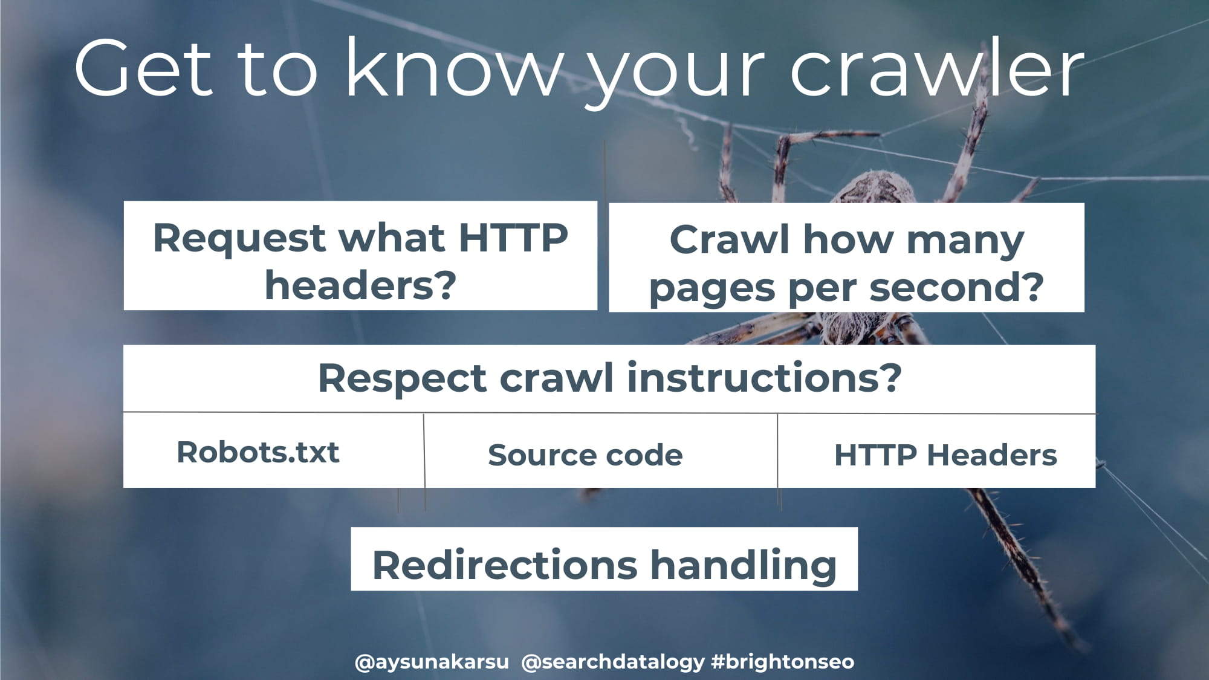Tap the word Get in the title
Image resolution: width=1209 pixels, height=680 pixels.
(x=144, y=68)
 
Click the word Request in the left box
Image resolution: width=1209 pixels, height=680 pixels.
(x=240, y=238)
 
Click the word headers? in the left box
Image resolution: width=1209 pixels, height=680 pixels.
(x=360, y=285)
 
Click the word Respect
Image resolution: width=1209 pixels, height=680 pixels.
(x=402, y=380)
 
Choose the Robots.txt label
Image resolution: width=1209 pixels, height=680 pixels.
(x=258, y=452)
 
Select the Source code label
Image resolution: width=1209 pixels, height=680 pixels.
(x=585, y=455)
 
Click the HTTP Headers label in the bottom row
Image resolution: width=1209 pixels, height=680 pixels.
(x=945, y=455)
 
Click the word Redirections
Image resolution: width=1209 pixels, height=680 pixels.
(x=505, y=565)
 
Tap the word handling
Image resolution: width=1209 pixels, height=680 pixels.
(x=744, y=566)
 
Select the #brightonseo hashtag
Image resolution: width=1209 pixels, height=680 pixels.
(x=783, y=662)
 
